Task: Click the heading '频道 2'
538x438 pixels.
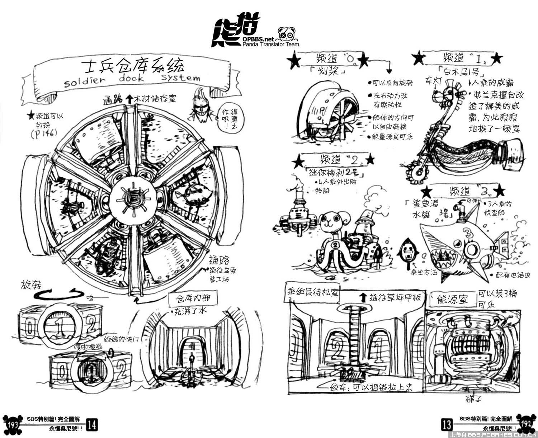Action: coord(335,159)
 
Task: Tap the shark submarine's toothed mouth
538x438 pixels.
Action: coord(445,256)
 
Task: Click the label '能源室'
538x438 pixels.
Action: coord(453,298)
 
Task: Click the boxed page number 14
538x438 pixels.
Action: coord(91,425)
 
